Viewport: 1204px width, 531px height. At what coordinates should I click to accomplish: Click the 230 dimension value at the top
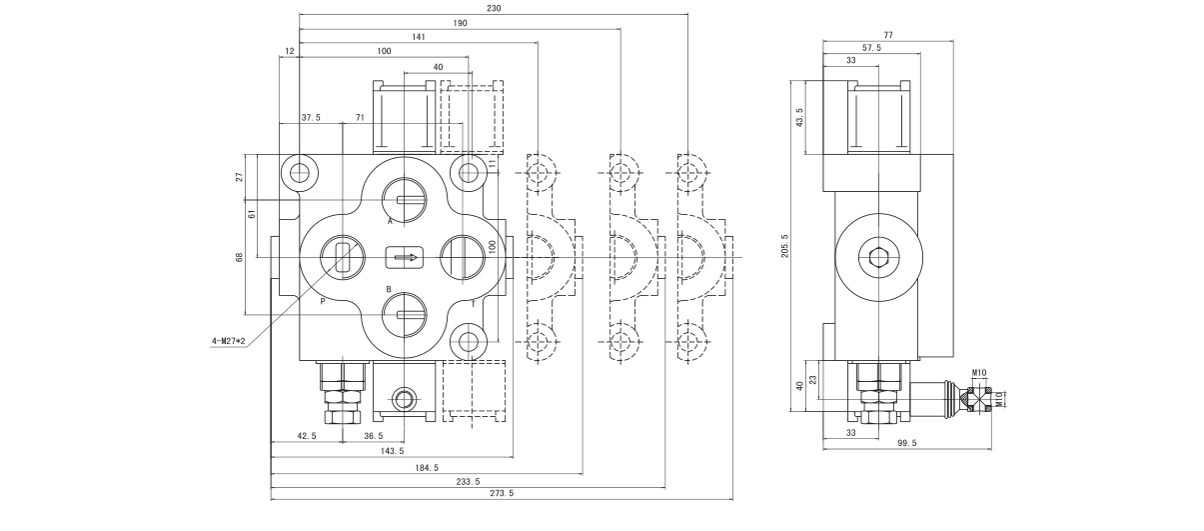[x=494, y=8]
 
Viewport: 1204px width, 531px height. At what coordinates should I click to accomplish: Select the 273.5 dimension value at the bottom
[x=502, y=493]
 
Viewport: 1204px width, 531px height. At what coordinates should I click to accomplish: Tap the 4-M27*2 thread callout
[x=228, y=341]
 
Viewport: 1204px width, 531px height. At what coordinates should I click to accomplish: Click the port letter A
[x=390, y=220]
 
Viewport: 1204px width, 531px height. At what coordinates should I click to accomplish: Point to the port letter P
[x=323, y=300]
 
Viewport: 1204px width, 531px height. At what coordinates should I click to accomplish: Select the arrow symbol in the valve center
[x=405, y=257]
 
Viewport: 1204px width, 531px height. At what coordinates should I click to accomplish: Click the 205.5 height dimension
[x=785, y=245]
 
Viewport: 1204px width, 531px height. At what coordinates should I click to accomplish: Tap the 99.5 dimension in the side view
[x=906, y=442]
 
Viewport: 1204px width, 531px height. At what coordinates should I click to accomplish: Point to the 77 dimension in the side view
[x=887, y=35]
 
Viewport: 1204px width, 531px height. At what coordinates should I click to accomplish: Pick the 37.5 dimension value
[x=311, y=117]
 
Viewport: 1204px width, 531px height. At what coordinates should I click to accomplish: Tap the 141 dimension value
[x=419, y=36]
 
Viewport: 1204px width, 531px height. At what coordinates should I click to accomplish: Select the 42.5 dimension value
[x=307, y=436]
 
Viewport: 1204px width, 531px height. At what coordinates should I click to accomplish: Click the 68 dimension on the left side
[x=239, y=258]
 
